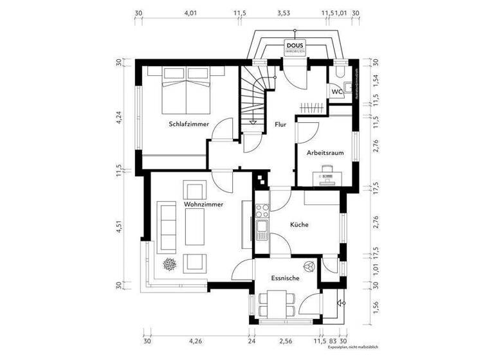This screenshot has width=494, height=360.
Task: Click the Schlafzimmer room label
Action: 188,123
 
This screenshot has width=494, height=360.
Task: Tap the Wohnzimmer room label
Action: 203,204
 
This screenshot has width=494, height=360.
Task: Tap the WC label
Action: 336,92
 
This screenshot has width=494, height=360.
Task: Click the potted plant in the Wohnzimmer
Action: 171,264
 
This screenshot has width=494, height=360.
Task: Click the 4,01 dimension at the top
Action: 190,12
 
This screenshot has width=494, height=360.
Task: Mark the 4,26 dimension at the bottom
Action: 196,341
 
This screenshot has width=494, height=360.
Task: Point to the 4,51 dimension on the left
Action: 119,228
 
